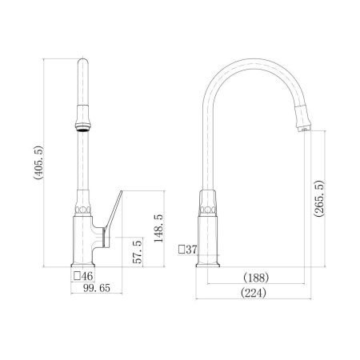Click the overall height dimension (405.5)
38,162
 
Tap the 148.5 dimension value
159,228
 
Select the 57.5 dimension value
138,252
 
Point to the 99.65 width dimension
97,288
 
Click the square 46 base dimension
83,276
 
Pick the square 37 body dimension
188,250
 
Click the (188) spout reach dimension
256,278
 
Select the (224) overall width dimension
254,293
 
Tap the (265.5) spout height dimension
319,198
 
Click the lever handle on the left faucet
113,218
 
